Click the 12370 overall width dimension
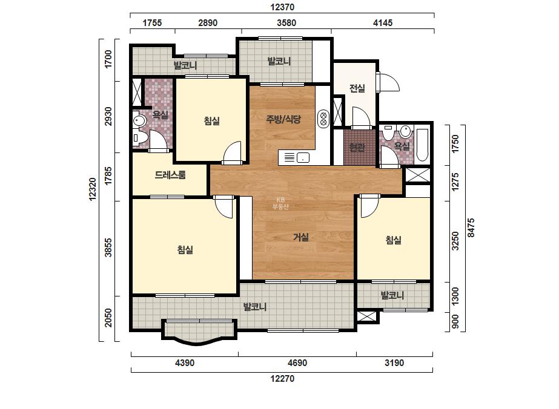tap(282, 7)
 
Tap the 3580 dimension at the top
tap(286, 23)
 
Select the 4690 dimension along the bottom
tap(297, 363)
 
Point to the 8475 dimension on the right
tap(471, 228)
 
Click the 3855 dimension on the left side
tap(108, 248)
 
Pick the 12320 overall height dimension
tap(93, 189)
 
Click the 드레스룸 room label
tap(170, 175)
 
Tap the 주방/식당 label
tap(283, 119)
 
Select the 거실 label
tap(301, 237)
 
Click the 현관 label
tap(357, 147)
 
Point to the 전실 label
tap(357, 88)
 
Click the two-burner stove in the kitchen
tap(323, 119)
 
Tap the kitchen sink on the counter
tap(303, 157)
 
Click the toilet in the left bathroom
tap(139, 137)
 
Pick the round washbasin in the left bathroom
tap(139, 120)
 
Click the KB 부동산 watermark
tap(280, 203)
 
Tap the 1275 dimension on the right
tap(455, 182)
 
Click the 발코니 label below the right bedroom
tap(392, 295)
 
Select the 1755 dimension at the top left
tap(152, 23)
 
